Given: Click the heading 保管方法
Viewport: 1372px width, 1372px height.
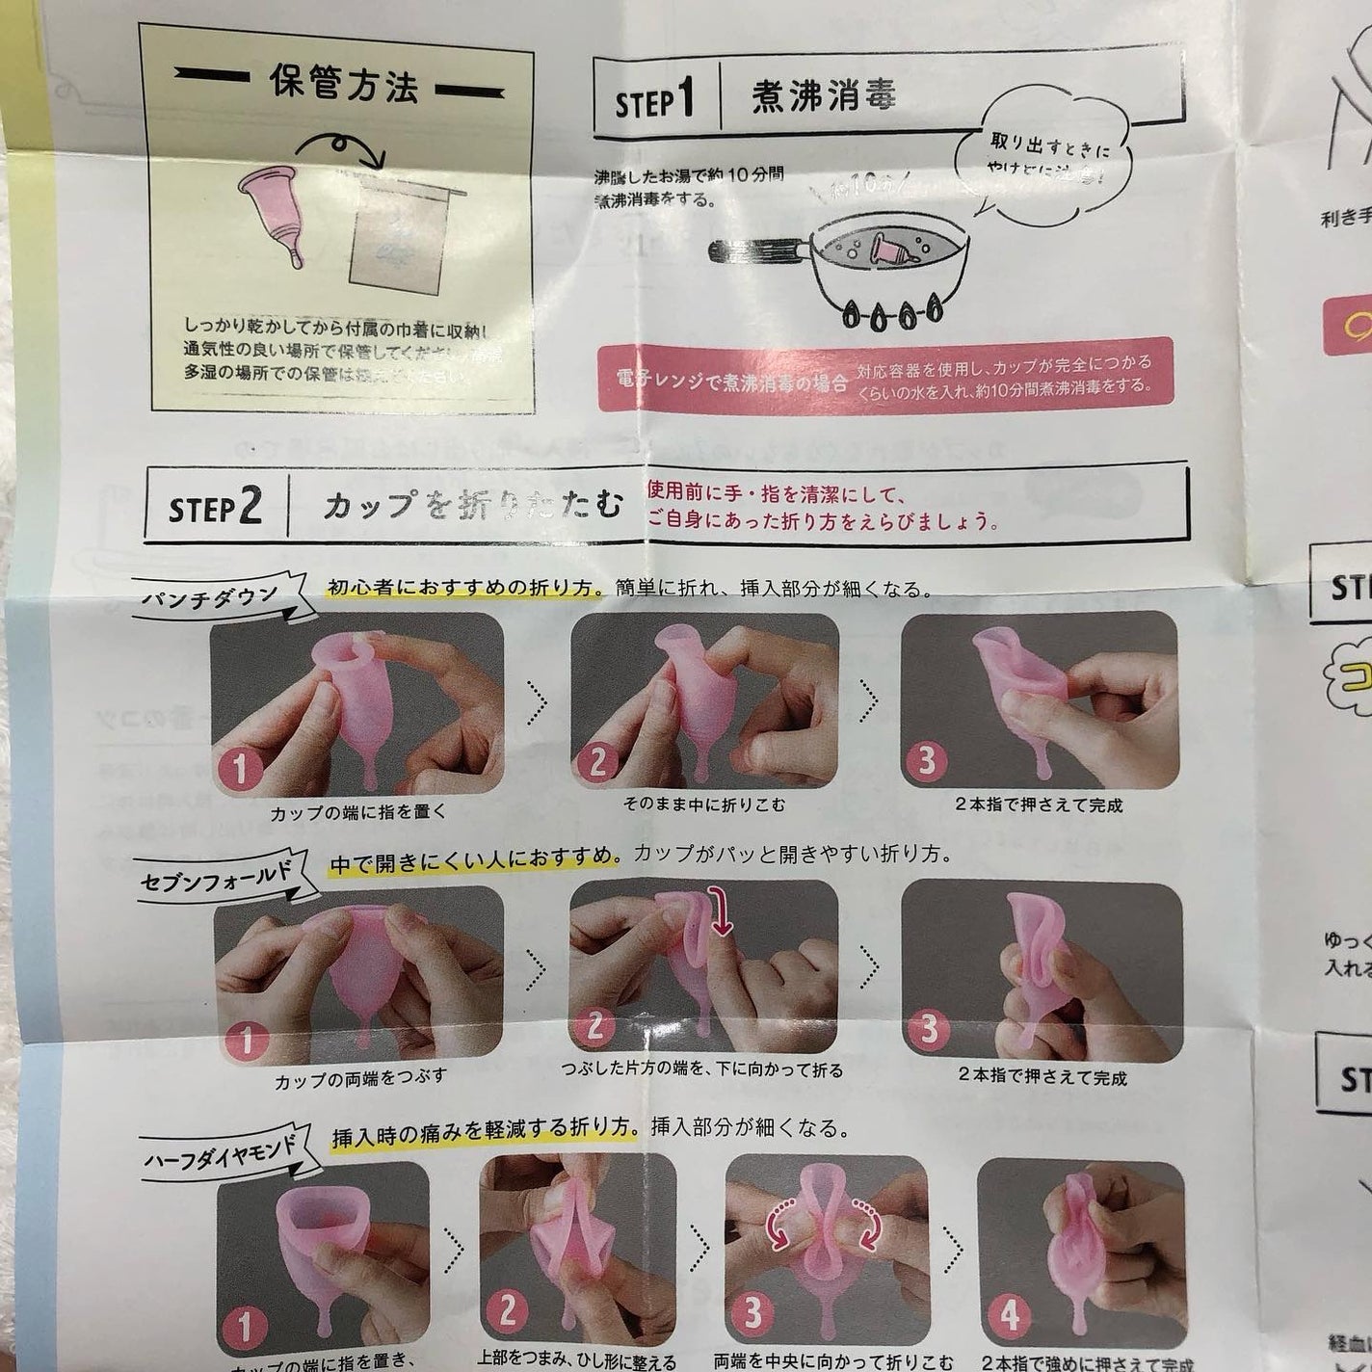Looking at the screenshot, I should click(345, 87).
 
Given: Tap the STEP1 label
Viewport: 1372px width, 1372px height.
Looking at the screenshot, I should click(654, 99).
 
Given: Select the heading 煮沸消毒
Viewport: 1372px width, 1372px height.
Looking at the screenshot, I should click(824, 95).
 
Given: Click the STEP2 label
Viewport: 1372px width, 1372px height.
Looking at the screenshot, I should click(215, 508).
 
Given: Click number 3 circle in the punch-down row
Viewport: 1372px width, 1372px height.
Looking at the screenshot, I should click(926, 761).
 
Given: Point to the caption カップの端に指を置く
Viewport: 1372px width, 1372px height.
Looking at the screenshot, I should click(358, 811).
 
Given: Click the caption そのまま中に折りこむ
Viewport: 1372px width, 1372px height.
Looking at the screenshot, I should click(704, 804).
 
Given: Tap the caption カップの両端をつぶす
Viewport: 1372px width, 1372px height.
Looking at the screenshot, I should click(360, 1077).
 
